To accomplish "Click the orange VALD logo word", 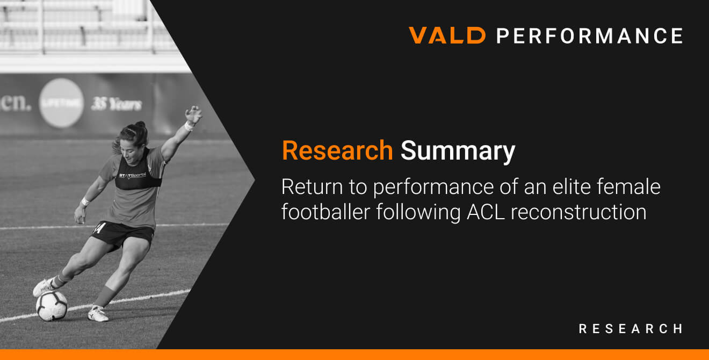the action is tap(447, 35).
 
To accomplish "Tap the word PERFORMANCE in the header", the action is tap(590, 35).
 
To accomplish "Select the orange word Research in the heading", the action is tap(337, 150).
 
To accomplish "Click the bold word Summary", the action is tap(458, 152).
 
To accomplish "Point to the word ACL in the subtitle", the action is tap(486, 212).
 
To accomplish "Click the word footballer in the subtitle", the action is tap(325, 212).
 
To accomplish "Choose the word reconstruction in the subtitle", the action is tap(578, 212).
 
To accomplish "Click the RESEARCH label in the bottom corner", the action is tap(631, 329).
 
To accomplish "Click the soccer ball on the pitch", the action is tap(52, 306).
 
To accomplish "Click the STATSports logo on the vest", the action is tap(132, 175).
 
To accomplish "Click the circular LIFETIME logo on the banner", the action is tap(61, 103).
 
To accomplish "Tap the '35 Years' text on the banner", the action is tap(117, 104).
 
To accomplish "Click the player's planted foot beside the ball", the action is tap(98, 313).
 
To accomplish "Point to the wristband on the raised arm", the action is tap(189, 126).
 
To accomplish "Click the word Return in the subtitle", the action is tap(312, 186).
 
